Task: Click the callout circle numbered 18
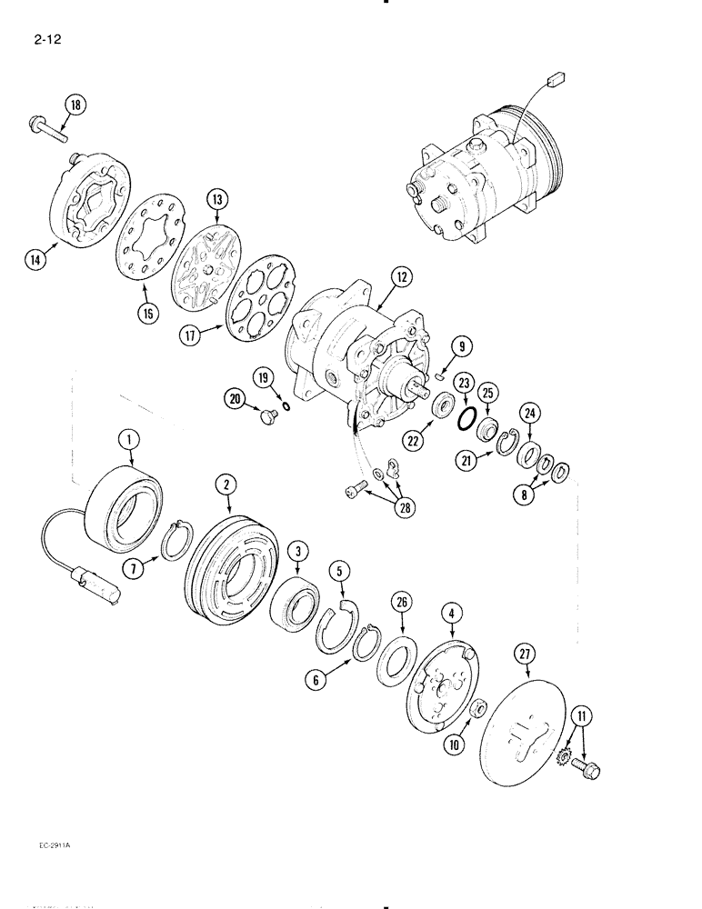click(x=75, y=105)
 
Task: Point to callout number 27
click(x=525, y=652)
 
